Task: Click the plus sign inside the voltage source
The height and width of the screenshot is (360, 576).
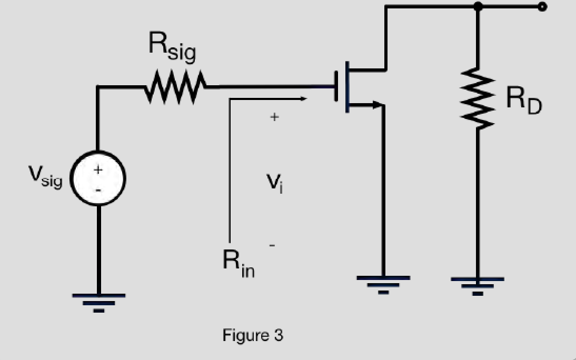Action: click(x=98, y=169)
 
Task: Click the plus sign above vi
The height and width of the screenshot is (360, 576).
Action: click(x=274, y=117)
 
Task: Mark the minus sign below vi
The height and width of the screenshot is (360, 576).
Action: click(x=272, y=245)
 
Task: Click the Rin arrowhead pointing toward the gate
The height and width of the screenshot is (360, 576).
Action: click(x=303, y=98)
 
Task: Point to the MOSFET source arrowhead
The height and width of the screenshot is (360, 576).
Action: click(x=377, y=105)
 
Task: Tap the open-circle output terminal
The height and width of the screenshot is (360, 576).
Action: click(x=542, y=6)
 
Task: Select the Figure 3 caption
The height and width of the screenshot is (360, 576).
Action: click(x=253, y=335)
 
